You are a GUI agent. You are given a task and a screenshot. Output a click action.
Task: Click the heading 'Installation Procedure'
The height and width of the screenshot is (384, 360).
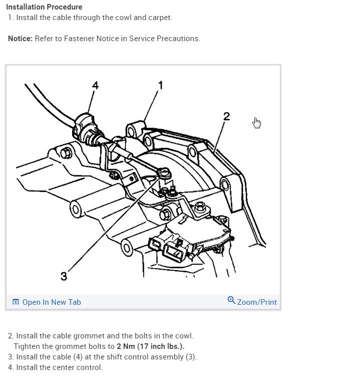point(44,8)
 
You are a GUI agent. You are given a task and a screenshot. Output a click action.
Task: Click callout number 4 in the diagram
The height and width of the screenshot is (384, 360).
point(95,85)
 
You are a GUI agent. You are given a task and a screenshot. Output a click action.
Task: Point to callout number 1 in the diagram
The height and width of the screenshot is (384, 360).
point(161,85)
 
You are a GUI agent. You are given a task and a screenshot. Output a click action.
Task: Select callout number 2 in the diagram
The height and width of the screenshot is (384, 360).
point(226,116)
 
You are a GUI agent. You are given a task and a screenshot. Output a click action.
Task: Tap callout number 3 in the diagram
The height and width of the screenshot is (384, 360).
point(64,276)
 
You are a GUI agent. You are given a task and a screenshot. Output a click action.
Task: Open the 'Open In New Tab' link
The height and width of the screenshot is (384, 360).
point(52,302)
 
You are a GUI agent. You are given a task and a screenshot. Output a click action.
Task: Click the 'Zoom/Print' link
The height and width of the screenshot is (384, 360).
point(257,302)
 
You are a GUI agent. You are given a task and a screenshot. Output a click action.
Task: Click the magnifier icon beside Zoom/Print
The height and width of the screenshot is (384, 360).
point(231,300)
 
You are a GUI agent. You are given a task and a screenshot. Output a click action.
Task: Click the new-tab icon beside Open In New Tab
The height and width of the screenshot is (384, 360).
point(16,302)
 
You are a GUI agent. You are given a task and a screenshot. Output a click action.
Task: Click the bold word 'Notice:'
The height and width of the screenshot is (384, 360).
point(21,39)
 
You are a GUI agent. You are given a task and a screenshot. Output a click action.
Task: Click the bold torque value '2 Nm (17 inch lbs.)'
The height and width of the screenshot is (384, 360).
point(151,346)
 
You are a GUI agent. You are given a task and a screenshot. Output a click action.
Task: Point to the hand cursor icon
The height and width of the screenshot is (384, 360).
point(257,123)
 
